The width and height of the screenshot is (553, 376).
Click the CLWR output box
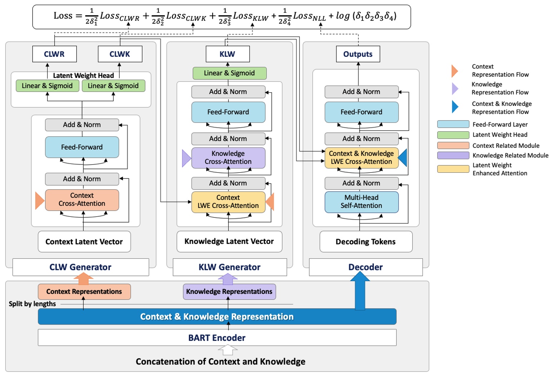[x=54, y=54]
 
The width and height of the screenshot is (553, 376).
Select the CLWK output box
[x=120, y=54]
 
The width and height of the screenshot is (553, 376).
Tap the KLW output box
[x=227, y=54]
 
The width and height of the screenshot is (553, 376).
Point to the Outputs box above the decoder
[x=358, y=54]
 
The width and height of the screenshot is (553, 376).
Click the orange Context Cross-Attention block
[x=82, y=200]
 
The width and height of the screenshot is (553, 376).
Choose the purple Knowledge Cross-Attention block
[x=228, y=157]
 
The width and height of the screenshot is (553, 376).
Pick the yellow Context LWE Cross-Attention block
[x=228, y=202]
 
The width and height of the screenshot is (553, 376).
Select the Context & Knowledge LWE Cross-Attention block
[x=361, y=157]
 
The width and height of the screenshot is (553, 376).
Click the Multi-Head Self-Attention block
[x=361, y=202]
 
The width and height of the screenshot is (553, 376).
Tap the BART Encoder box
[x=217, y=338]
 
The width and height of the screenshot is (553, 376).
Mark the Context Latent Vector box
[x=84, y=241]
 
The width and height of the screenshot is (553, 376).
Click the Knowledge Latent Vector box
[x=229, y=241]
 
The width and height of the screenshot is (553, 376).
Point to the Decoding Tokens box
[x=366, y=241]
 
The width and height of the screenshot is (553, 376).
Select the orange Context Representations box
[x=84, y=292]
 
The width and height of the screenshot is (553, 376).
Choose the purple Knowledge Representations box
[x=229, y=292]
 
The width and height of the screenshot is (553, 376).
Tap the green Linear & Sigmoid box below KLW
[x=229, y=73]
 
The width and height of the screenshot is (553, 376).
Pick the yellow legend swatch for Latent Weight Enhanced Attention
[x=453, y=169]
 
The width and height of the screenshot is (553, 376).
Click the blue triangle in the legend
[x=455, y=107]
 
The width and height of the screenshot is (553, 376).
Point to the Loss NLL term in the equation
[x=309, y=16]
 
